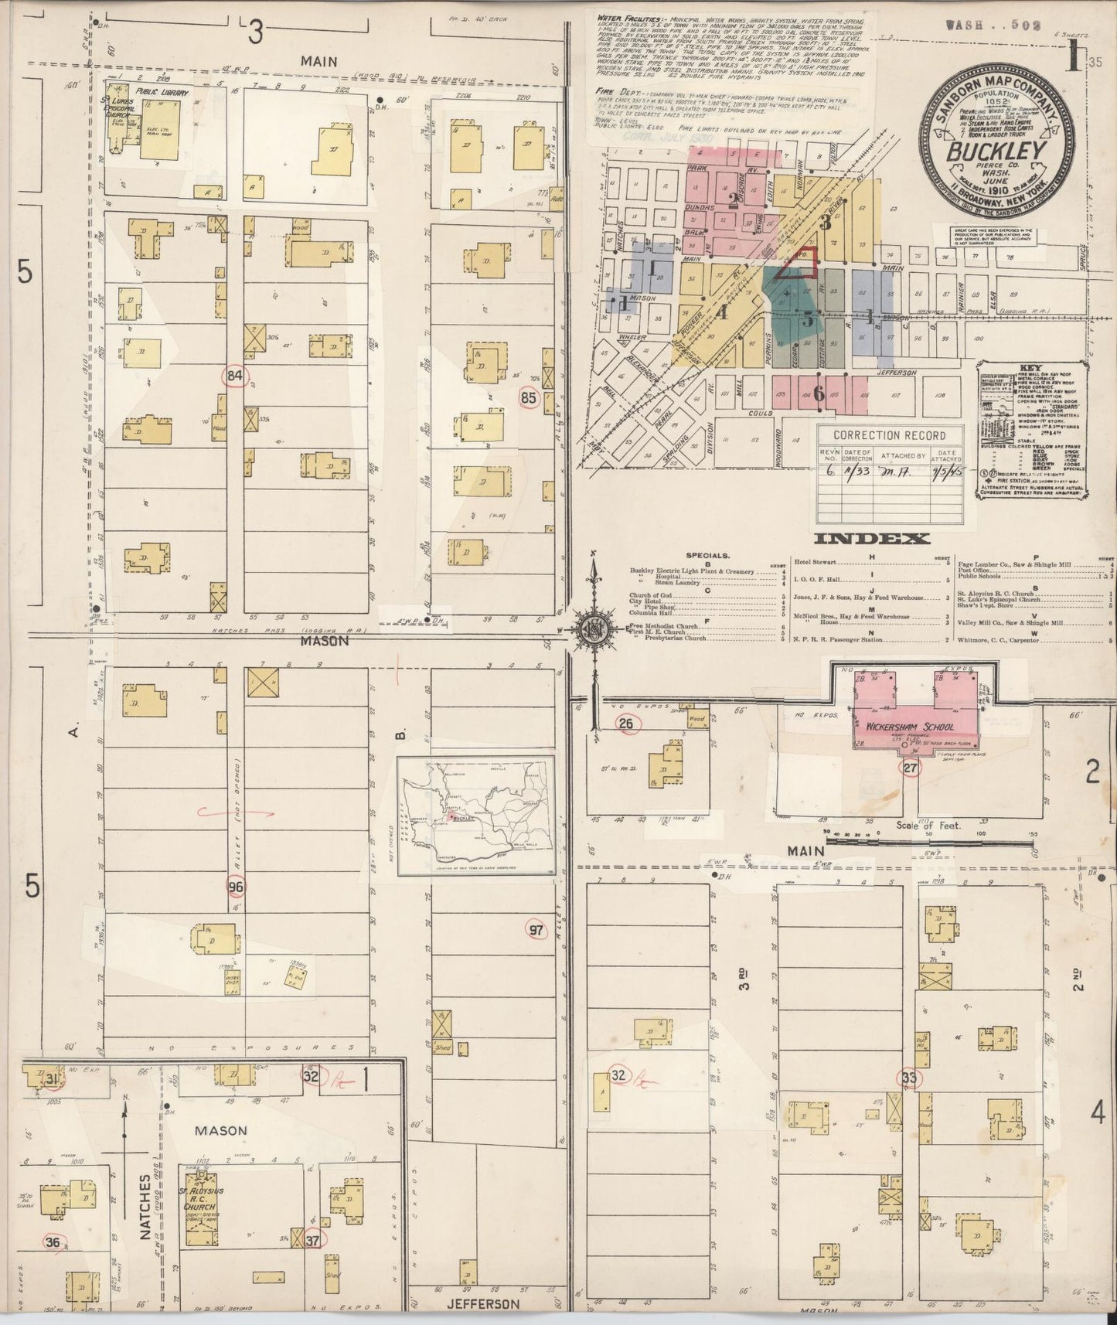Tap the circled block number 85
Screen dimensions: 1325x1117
[x=528, y=399]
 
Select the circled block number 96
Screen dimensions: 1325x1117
[x=236, y=886]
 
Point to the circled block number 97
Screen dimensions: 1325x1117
[x=536, y=930]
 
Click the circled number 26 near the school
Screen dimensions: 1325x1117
[x=627, y=724]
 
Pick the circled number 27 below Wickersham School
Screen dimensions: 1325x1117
[x=911, y=768]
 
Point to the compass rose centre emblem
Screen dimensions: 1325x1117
[x=593, y=627]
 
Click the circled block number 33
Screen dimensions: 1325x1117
[x=908, y=1078]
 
